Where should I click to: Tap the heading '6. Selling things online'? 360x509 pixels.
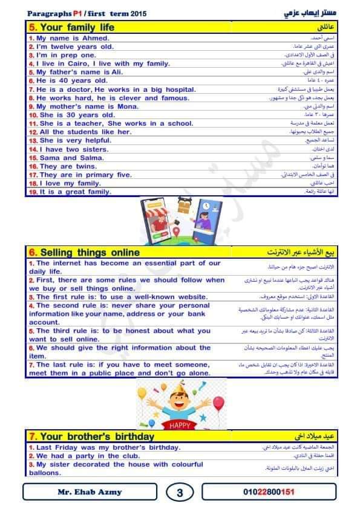84,253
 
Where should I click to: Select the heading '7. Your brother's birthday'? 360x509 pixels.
91,436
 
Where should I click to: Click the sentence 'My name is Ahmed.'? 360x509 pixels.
73,38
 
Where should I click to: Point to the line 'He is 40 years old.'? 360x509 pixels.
72,80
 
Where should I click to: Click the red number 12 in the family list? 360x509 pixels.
33,132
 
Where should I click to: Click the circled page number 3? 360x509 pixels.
180,493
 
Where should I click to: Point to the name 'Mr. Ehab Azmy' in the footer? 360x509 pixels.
90,492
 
